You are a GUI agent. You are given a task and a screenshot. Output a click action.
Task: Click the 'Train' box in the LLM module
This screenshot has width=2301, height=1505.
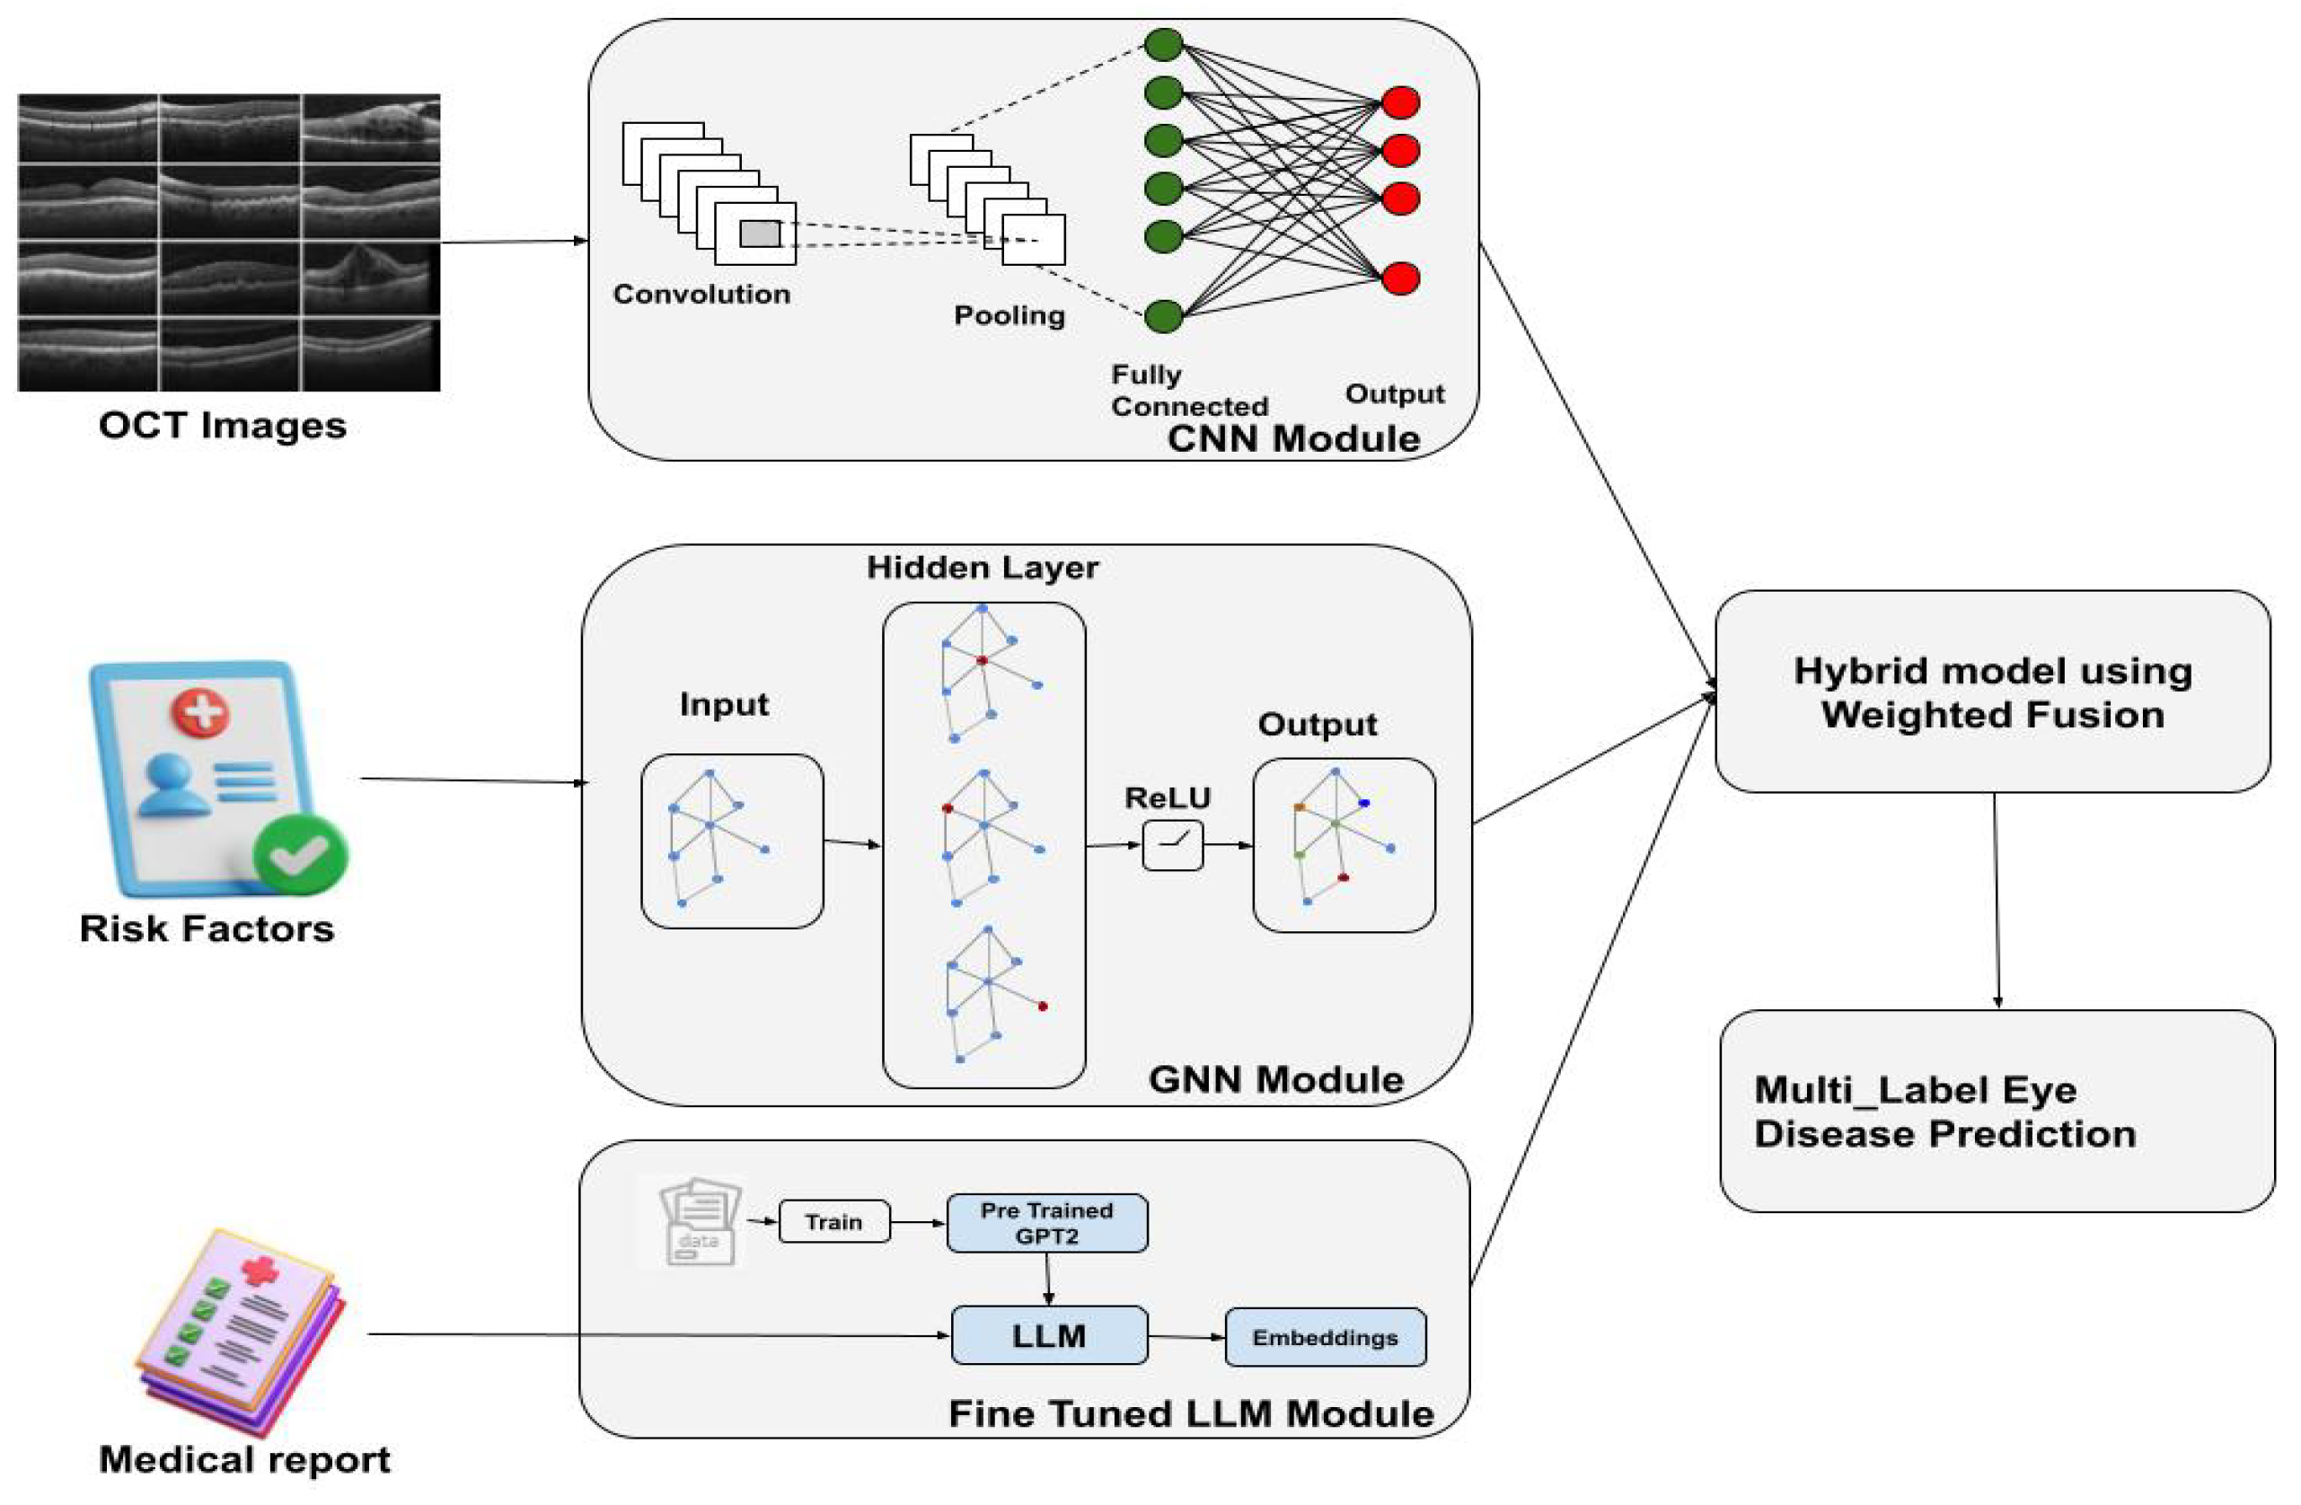click(x=833, y=1222)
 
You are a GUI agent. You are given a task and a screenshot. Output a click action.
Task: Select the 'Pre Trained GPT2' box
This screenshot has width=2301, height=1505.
click(x=1047, y=1223)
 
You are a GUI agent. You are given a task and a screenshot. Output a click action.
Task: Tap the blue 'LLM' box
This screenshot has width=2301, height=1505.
click(x=1049, y=1336)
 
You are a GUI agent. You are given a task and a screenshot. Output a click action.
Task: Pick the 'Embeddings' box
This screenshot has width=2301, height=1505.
click(x=1325, y=1338)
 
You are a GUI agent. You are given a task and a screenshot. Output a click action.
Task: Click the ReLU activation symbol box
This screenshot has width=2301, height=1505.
click(x=1173, y=846)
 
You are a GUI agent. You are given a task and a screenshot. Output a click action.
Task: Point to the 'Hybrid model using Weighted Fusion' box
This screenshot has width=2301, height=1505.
click(x=1992, y=692)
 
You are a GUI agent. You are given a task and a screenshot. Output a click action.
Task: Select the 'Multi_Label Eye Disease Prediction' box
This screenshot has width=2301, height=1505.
click(x=1997, y=1112)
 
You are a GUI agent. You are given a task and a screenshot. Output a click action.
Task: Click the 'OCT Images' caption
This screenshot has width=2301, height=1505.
click(x=223, y=426)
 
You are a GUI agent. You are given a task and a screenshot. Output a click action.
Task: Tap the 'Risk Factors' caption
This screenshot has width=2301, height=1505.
click(x=207, y=928)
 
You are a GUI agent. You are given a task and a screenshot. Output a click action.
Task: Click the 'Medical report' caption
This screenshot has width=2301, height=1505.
click(x=244, y=1458)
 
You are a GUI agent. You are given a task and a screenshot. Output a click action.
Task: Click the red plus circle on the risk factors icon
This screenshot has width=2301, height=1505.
click(x=201, y=713)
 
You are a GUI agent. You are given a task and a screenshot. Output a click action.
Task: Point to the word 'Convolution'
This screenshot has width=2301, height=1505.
click(x=702, y=294)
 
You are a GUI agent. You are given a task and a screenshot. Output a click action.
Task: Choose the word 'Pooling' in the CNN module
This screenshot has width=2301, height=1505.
click(x=1009, y=315)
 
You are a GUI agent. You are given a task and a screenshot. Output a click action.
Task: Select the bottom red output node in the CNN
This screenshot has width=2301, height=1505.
click(x=1400, y=278)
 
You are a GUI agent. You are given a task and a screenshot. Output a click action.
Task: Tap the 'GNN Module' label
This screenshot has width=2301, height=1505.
click(x=1276, y=1078)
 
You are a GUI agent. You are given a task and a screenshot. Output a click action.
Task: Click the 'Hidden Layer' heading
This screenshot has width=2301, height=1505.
click(x=983, y=568)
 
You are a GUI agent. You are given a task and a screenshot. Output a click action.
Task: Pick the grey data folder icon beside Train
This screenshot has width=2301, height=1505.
click(x=699, y=1222)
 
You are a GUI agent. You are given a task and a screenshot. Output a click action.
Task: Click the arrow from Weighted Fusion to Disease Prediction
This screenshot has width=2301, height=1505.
click(x=1997, y=899)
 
